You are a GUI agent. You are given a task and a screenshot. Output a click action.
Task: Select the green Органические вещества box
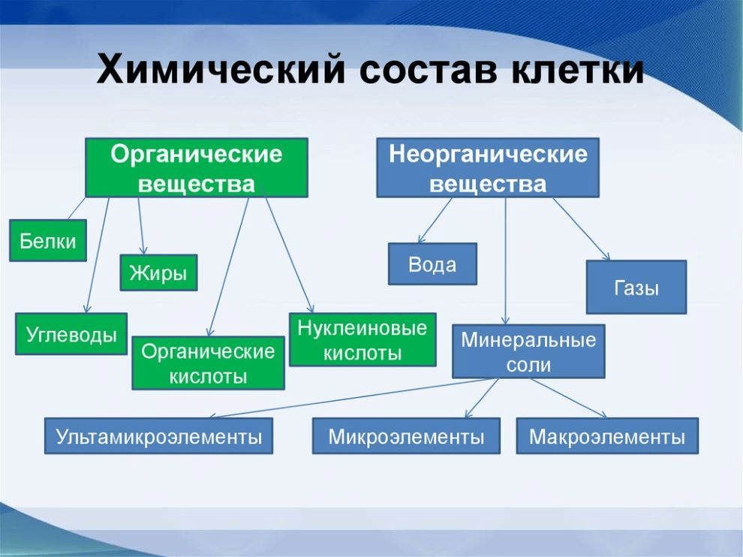pyautogui.click(x=197, y=168)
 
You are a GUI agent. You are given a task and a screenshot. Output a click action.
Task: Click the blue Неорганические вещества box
pyautogui.click(x=487, y=168)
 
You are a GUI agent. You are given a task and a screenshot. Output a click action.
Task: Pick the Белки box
pyautogui.click(x=48, y=240)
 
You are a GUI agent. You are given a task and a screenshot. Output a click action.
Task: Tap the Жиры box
pyautogui.click(x=158, y=272)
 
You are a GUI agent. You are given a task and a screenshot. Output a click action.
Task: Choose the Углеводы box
pyautogui.click(x=71, y=334)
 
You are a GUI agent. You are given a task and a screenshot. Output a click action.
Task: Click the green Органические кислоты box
pyautogui.click(x=208, y=363)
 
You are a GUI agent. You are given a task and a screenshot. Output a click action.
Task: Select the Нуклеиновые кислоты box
pyautogui.click(x=362, y=339)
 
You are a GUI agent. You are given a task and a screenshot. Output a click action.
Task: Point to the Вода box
pyautogui.click(x=432, y=264)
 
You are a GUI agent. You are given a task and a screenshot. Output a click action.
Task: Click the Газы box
pyautogui.click(x=636, y=287)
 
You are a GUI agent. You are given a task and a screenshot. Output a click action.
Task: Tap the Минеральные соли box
pyautogui.click(x=528, y=351)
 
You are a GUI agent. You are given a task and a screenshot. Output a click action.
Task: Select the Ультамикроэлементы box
pyautogui.click(x=158, y=436)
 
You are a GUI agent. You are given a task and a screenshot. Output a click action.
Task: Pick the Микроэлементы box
pyautogui.click(x=406, y=436)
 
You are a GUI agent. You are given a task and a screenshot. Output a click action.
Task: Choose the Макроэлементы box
pyautogui.click(x=606, y=436)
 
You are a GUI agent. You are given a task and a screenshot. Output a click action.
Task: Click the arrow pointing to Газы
pyautogui.click(x=581, y=228)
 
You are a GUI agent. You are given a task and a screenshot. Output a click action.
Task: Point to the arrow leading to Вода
pyautogui.click(x=435, y=221)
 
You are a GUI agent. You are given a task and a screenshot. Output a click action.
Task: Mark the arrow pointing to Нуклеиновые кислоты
pyautogui.click(x=290, y=255)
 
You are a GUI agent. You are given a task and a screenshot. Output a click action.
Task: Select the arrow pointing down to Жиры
pyautogui.click(x=140, y=225)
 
